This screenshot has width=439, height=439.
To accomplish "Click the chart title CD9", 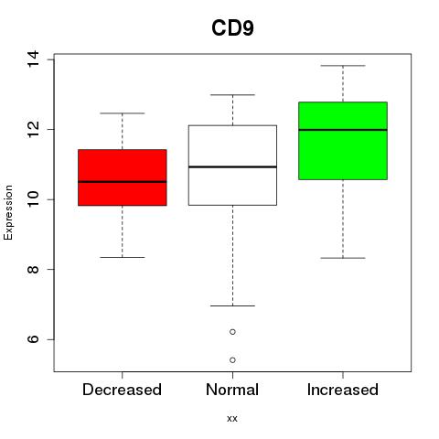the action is click(x=232, y=28).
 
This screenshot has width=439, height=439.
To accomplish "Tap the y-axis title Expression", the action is click(x=8, y=212).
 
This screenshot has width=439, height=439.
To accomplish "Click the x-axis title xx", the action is click(x=232, y=419).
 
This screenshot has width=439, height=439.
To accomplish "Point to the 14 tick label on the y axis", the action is click(x=33, y=59).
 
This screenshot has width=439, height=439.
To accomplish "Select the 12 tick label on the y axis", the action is click(x=33, y=130).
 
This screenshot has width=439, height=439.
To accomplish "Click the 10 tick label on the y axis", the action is click(x=33, y=199).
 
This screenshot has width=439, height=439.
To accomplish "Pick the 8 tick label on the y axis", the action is click(x=33, y=270).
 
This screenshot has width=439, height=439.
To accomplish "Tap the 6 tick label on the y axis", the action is click(x=33, y=339).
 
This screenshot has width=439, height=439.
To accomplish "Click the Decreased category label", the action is click(x=122, y=390).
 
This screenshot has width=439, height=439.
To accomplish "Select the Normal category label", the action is click(x=232, y=390).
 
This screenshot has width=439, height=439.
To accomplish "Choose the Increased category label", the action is click(x=343, y=390).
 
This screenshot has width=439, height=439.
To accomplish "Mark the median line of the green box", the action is click(x=343, y=130).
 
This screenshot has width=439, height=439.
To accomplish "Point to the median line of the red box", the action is click(x=123, y=182).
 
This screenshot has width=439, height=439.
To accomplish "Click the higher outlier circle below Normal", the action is click(x=232, y=332).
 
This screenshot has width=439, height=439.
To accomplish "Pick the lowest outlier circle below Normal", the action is click(x=232, y=360).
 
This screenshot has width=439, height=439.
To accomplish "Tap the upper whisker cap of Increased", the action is click(x=343, y=66).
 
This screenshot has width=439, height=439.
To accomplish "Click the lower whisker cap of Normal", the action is click(x=232, y=305).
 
